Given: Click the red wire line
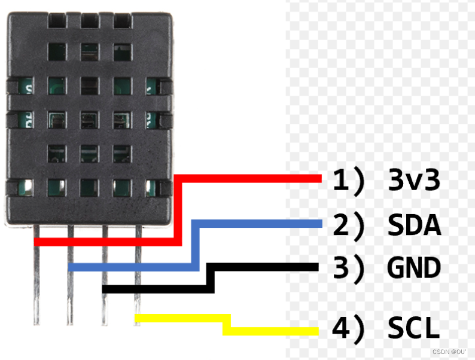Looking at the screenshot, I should [x=251, y=178].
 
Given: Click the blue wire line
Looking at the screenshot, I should [x=257, y=224].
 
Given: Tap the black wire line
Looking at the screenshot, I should [x=263, y=267].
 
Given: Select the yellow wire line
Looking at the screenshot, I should [x=269, y=331].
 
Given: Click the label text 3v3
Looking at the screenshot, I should [x=414, y=180].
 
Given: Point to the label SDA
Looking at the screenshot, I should [x=414, y=225].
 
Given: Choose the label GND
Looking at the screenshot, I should [x=414, y=268].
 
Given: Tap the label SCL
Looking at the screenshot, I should [x=413, y=328].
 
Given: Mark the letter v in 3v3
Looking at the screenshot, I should [x=414, y=182].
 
